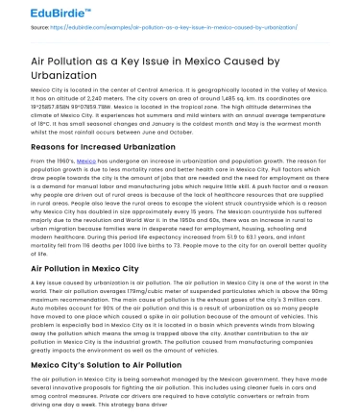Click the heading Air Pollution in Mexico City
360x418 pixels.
73,266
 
